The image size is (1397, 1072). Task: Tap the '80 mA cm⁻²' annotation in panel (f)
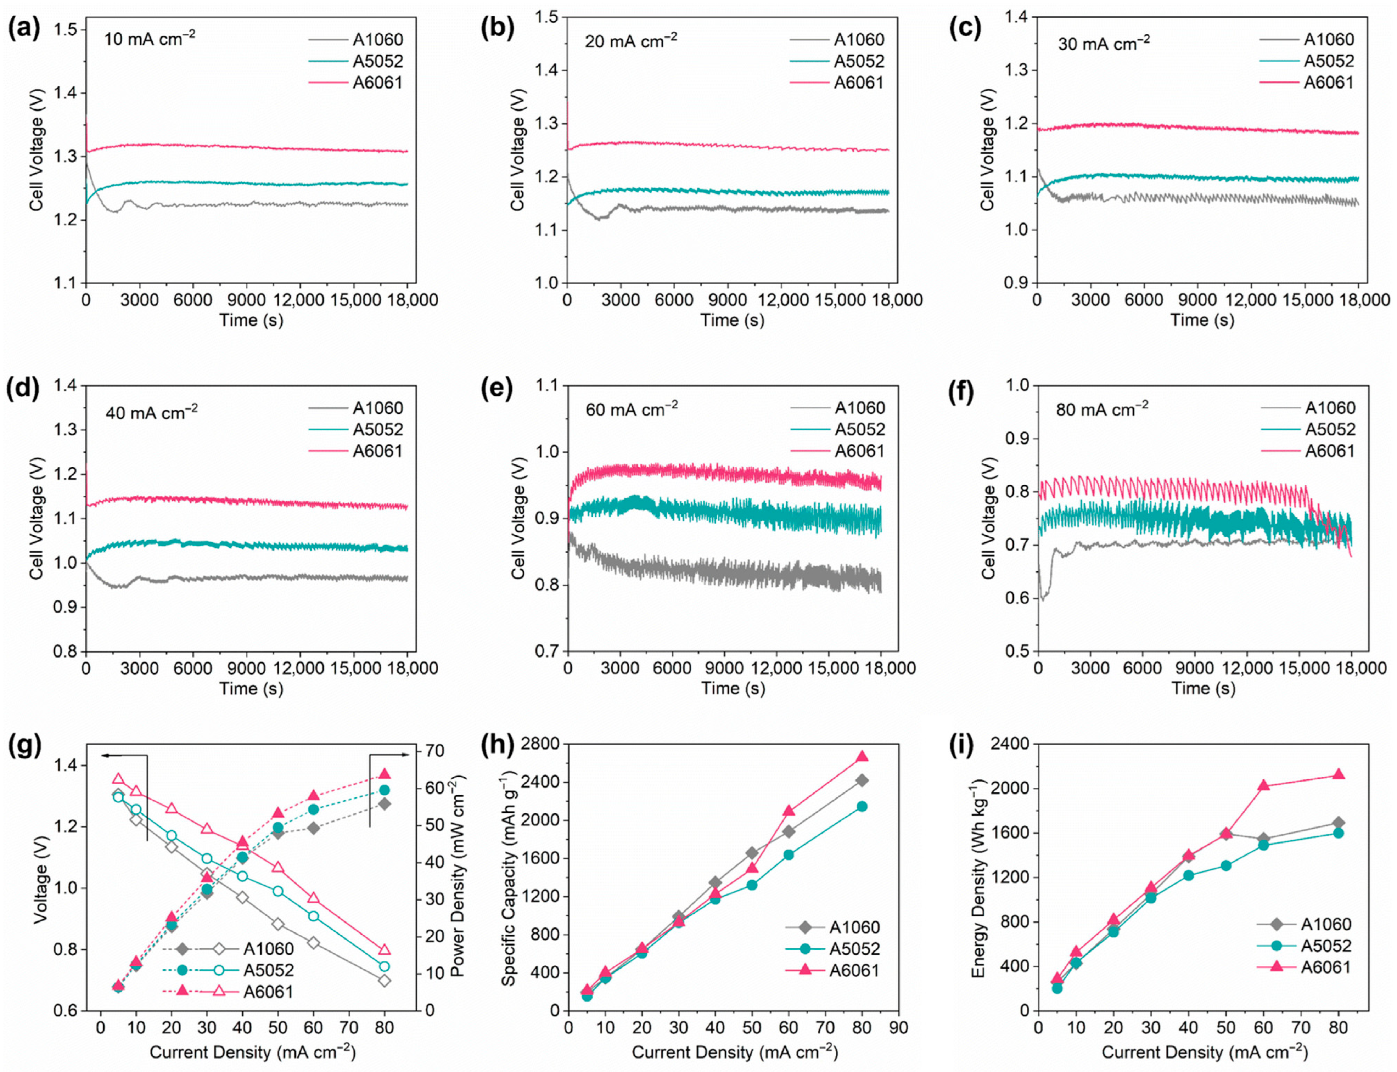point(1102,408)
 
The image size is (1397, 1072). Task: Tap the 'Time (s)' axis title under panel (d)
point(251,688)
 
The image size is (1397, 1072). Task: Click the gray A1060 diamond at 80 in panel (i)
point(1338,823)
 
